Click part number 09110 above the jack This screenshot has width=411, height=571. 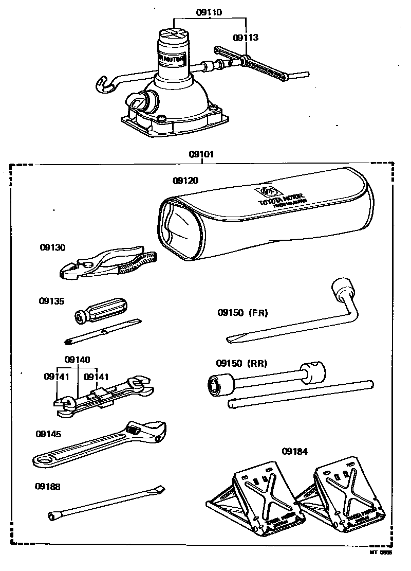(210, 13)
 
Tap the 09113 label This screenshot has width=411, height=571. (246, 38)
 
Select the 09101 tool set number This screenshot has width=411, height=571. (201, 154)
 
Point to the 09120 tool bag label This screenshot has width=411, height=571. (185, 181)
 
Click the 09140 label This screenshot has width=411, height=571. (77, 360)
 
